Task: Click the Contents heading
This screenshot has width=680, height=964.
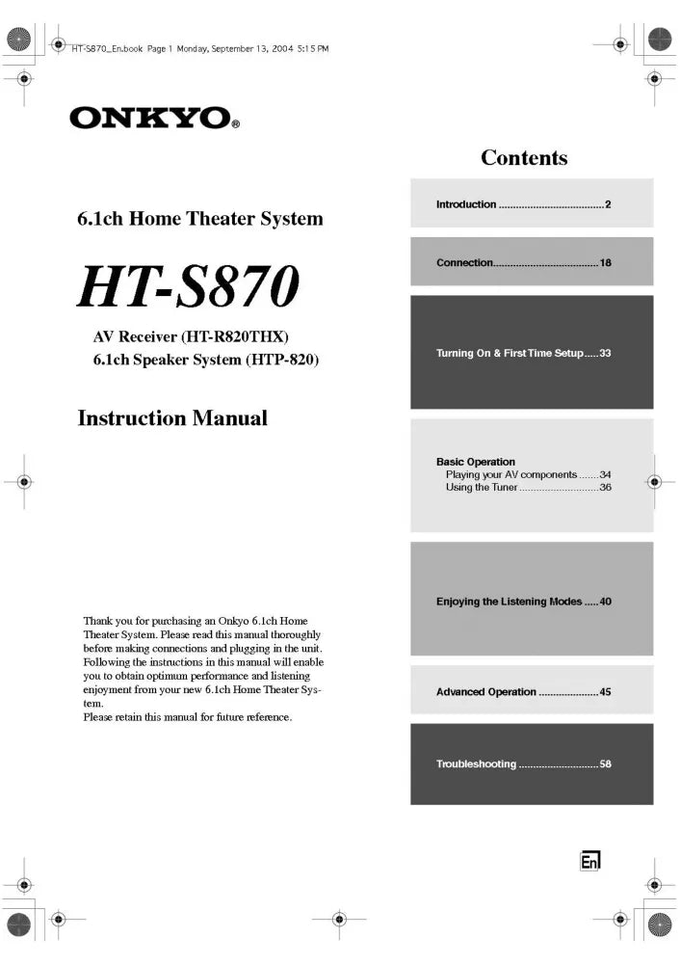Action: click(524, 158)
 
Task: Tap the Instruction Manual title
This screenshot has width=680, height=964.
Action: click(172, 418)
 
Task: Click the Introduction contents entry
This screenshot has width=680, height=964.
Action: click(466, 204)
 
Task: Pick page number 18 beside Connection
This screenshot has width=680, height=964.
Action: click(606, 262)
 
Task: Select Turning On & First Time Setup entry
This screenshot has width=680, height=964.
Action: click(510, 354)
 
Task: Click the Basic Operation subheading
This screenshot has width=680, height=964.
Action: click(476, 462)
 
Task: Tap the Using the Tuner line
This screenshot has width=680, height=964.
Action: click(482, 487)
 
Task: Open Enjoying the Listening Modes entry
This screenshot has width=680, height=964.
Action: click(509, 602)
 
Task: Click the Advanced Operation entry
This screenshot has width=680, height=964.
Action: click(485, 692)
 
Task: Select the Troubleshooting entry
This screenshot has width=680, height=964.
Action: click(476, 764)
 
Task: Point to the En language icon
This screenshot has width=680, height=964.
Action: click(589, 861)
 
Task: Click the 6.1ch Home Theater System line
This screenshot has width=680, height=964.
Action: click(200, 219)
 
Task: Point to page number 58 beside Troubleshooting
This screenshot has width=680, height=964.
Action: click(606, 764)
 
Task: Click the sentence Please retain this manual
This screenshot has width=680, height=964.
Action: click(187, 717)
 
